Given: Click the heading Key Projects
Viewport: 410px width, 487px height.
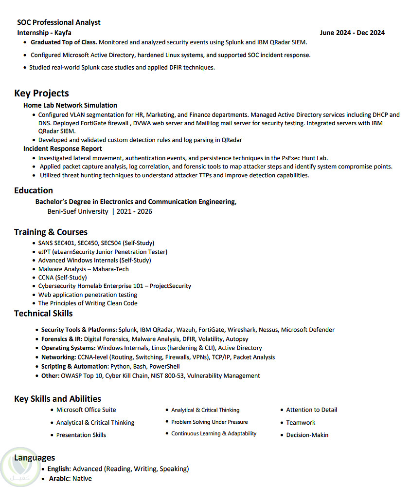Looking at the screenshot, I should click(x=41, y=93).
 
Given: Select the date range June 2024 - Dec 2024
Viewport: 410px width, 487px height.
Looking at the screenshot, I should click(x=352, y=33).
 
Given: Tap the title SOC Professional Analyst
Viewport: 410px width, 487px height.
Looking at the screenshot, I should click(x=59, y=22).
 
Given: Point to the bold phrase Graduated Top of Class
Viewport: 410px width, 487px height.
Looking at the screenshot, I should click(x=64, y=42).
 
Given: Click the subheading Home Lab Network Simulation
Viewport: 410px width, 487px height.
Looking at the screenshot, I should click(x=70, y=105).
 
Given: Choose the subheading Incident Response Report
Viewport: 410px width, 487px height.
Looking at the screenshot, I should click(x=63, y=149).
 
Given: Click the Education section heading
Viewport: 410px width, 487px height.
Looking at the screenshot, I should click(x=34, y=190).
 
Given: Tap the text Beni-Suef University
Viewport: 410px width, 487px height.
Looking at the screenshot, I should click(x=78, y=211).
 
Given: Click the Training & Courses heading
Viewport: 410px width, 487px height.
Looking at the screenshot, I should click(x=51, y=232).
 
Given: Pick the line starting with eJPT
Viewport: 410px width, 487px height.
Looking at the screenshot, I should click(x=103, y=252).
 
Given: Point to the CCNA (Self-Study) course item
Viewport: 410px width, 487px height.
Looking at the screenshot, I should click(x=62, y=278).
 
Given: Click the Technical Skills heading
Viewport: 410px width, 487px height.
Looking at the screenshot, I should click(x=43, y=313).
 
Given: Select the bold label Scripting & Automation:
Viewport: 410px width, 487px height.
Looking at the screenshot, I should click(x=75, y=366).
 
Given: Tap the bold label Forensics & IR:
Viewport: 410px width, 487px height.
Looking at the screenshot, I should click(x=62, y=339).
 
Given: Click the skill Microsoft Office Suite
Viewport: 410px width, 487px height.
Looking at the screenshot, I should click(x=86, y=410).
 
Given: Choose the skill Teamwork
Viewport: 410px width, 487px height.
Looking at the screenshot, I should click(x=301, y=423).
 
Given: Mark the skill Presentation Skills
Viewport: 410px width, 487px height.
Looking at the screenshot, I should click(x=81, y=435).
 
